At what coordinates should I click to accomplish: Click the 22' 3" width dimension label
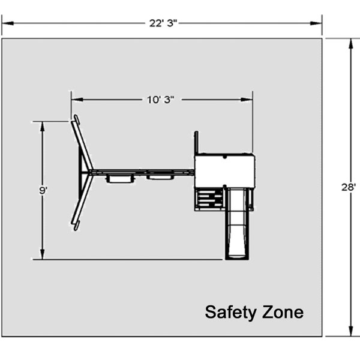click(163, 23)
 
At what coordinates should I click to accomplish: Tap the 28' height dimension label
click(349, 187)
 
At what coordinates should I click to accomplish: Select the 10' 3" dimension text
click(160, 100)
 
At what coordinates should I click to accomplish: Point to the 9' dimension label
click(43, 190)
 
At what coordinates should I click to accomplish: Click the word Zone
click(283, 312)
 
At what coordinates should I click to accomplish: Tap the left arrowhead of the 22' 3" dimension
click(8, 23)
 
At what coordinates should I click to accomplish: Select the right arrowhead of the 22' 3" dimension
click(316, 23)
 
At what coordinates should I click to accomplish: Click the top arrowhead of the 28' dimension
click(350, 44)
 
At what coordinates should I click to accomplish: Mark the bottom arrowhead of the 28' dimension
click(350, 331)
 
